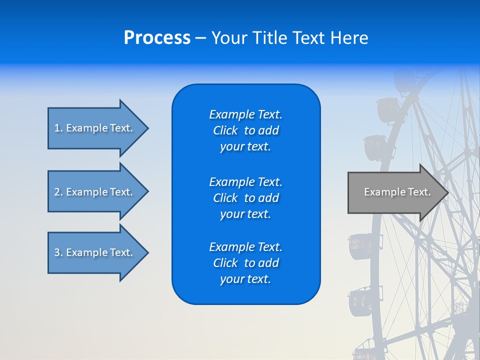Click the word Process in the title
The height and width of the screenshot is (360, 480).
157,38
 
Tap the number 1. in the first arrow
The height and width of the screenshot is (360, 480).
58,128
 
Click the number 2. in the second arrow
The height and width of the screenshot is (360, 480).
58,192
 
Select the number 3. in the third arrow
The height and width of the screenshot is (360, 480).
58,252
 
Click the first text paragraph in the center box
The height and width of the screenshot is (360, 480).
245,130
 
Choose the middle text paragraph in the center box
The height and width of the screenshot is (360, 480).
245,198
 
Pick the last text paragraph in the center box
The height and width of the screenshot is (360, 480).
245,263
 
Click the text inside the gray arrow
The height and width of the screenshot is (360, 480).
397,192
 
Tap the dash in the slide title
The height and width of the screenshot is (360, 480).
200,38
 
